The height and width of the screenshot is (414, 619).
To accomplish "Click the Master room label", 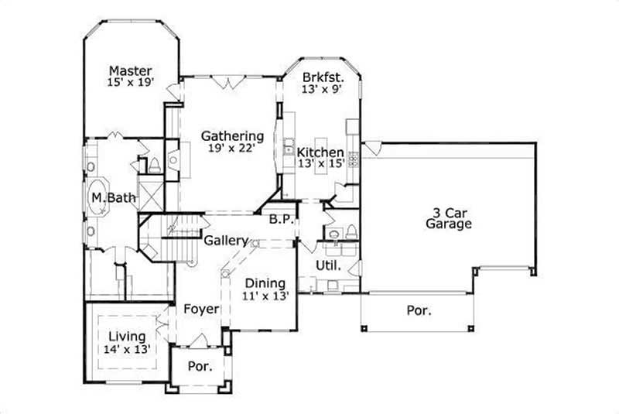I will click(x=130, y=70).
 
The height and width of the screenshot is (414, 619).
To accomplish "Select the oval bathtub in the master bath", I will click(x=101, y=198).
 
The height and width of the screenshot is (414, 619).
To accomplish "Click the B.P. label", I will click(x=280, y=220).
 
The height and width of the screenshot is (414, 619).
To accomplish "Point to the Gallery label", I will click(x=226, y=241).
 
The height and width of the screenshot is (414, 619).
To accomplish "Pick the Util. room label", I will click(x=325, y=265).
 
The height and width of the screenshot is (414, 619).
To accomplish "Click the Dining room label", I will click(x=265, y=283).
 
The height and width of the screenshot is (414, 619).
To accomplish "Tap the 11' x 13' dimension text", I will click(x=265, y=296).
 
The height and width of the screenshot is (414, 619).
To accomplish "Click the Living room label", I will click(x=127, y=337).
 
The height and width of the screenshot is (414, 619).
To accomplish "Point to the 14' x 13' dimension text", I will click(x=127, y=350).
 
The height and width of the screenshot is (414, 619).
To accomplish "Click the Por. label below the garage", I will click(x=419, y=310).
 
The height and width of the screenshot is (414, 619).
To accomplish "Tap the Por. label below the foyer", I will click(x=200, y=366).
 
